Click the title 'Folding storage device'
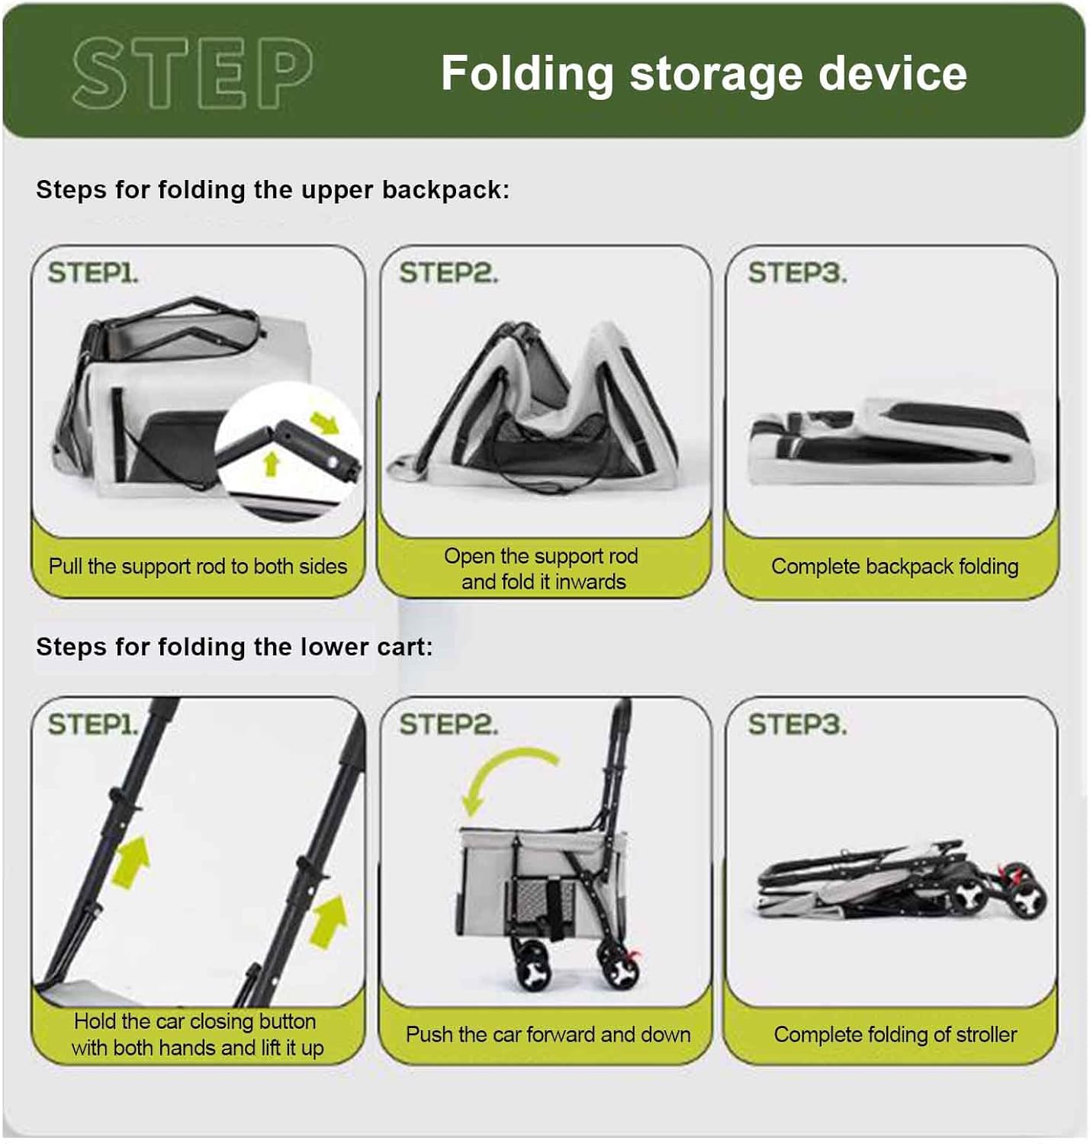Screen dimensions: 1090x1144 pyautogui.click(x=703, y=73)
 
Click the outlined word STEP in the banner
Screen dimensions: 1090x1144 pyautogui.click(x=192, y=73)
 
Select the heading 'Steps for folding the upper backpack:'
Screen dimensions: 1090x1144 pyautogui.click(x=272, y=190)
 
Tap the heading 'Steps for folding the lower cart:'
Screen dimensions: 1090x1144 pyautogui.click(x=234, y=647)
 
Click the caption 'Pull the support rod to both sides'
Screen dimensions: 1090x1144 pyautogui.click(x=198, y=566)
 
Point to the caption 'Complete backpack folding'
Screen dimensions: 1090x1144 pyautogui.click(x=895, y=566)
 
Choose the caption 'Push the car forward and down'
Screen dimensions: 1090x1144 pyautogui.click(x=548, y=1034)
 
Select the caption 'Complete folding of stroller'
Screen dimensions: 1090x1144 pyautogui.click(x=895, y=1034)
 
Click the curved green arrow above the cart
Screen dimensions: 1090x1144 pyautogui.click(x=500, y=768)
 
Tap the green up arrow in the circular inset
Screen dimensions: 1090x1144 pyautogui.click(x=272, y=464)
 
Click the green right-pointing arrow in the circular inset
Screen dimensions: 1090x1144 pyautogui.click(x=325, y=423)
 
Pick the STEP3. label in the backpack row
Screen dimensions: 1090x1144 pyautogui.click(x=796, y=272)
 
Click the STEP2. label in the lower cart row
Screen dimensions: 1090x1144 pyautogui.click(x=448, y=725)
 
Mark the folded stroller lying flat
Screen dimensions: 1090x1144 pyautogui.click(x=901, y=880)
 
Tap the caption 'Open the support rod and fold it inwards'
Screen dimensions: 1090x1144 pyautogui.click(x=542, y=568)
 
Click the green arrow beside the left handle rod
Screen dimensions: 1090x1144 pyautogui.click(x=131, y=862)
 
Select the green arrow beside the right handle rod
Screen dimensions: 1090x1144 pyautogui.click(x=328, y=921)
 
